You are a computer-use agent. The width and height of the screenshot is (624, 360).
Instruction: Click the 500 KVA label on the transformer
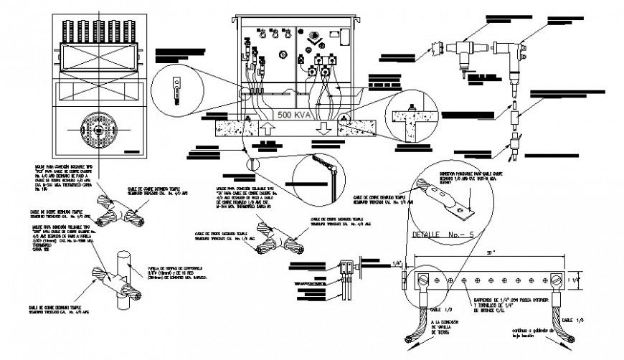click(x=294, y=115)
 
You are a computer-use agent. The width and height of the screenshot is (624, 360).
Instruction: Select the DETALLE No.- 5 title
click(x=438, y=235)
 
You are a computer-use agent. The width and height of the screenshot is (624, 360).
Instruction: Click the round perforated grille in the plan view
click(x=99, y=130)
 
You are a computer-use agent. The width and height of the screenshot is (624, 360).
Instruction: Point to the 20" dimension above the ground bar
click(x=488, y=252)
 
